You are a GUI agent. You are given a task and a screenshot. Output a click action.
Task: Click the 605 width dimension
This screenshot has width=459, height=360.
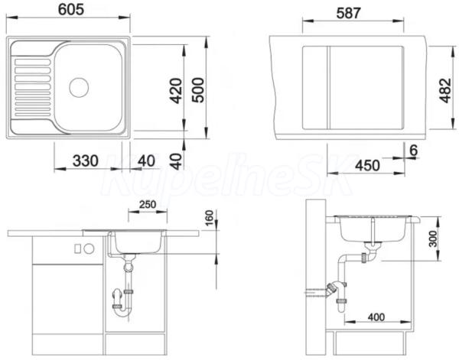71,9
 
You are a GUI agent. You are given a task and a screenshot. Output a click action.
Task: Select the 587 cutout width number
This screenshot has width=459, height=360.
348,13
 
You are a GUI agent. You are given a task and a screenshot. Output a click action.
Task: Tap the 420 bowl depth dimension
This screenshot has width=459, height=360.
177,91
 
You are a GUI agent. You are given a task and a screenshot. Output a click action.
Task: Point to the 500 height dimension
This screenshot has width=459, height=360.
198,90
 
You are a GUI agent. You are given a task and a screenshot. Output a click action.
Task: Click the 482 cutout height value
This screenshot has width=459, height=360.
445,90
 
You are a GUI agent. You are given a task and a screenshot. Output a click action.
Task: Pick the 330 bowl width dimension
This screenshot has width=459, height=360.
86,161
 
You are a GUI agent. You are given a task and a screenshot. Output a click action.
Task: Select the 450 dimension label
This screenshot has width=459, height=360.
367,166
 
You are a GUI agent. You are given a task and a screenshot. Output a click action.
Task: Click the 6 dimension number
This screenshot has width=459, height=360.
413,151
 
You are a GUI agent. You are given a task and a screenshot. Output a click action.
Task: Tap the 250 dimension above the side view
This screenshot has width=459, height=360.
148,204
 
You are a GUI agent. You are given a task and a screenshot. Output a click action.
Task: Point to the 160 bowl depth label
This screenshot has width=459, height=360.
210,218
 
